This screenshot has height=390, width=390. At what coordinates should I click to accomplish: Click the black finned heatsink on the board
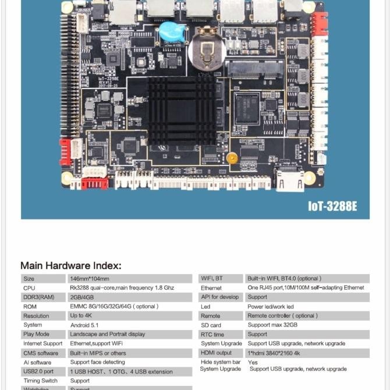pos(182,111)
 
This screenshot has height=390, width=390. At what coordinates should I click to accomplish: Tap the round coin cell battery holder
pos(206,51)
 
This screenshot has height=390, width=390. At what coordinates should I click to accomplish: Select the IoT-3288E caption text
pos(332,205)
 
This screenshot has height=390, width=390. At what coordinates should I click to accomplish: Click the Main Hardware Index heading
pos(71,265)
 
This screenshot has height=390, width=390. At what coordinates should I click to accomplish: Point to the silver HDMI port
pos(289,180)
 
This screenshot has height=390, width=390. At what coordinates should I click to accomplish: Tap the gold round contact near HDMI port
pos(232,158)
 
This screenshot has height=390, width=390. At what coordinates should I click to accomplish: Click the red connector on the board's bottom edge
pos(94,183)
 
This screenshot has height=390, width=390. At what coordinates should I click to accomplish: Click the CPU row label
pos(30,288)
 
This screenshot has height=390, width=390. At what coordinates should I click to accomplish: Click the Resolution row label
pos(36,315)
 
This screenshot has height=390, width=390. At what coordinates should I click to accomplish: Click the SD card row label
pos(211,325)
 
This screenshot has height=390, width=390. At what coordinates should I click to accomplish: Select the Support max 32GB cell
pos(272,325)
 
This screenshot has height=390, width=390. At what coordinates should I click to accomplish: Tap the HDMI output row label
pos(216,353)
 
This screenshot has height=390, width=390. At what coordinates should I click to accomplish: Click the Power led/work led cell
pos(270,306)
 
